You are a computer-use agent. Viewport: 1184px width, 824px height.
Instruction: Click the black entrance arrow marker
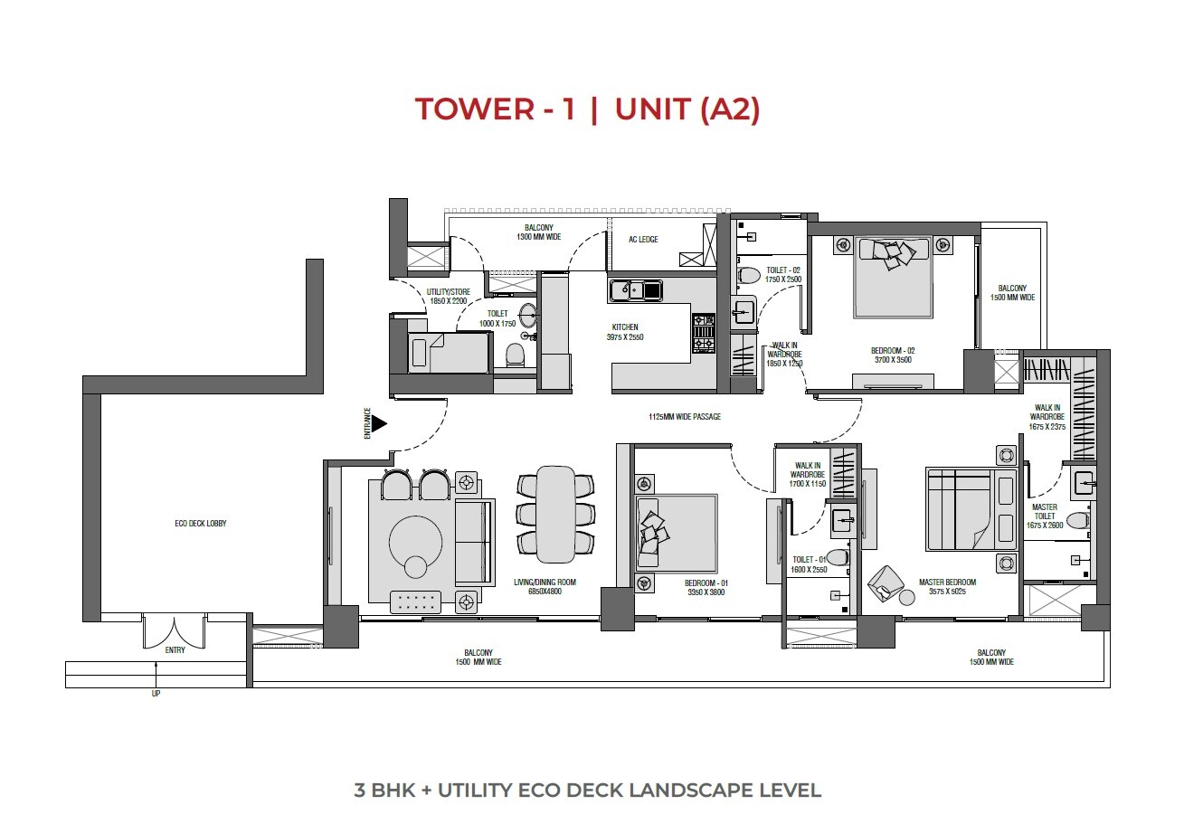point(380,422)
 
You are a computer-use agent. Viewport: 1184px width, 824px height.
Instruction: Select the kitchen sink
point(636,290)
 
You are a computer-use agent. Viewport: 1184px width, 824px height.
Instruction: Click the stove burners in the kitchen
point(703,333)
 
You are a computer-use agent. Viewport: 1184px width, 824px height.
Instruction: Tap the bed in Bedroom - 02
point(893,276)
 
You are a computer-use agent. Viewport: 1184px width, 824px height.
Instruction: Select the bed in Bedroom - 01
point(674,535)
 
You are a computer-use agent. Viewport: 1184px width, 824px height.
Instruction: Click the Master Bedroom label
point(947,582)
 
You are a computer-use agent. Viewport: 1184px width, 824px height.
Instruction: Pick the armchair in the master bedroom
point(886,584)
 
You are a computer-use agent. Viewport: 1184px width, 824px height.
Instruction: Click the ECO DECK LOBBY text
point(201,524)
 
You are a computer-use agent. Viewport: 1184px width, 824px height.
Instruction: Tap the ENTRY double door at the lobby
point(175,630)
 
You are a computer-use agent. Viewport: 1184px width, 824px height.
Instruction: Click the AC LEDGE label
point(644,240)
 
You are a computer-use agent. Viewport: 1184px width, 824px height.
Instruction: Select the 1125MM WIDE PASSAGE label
point(684,417)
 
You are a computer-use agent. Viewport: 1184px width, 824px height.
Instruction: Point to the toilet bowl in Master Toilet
point(1077,521)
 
